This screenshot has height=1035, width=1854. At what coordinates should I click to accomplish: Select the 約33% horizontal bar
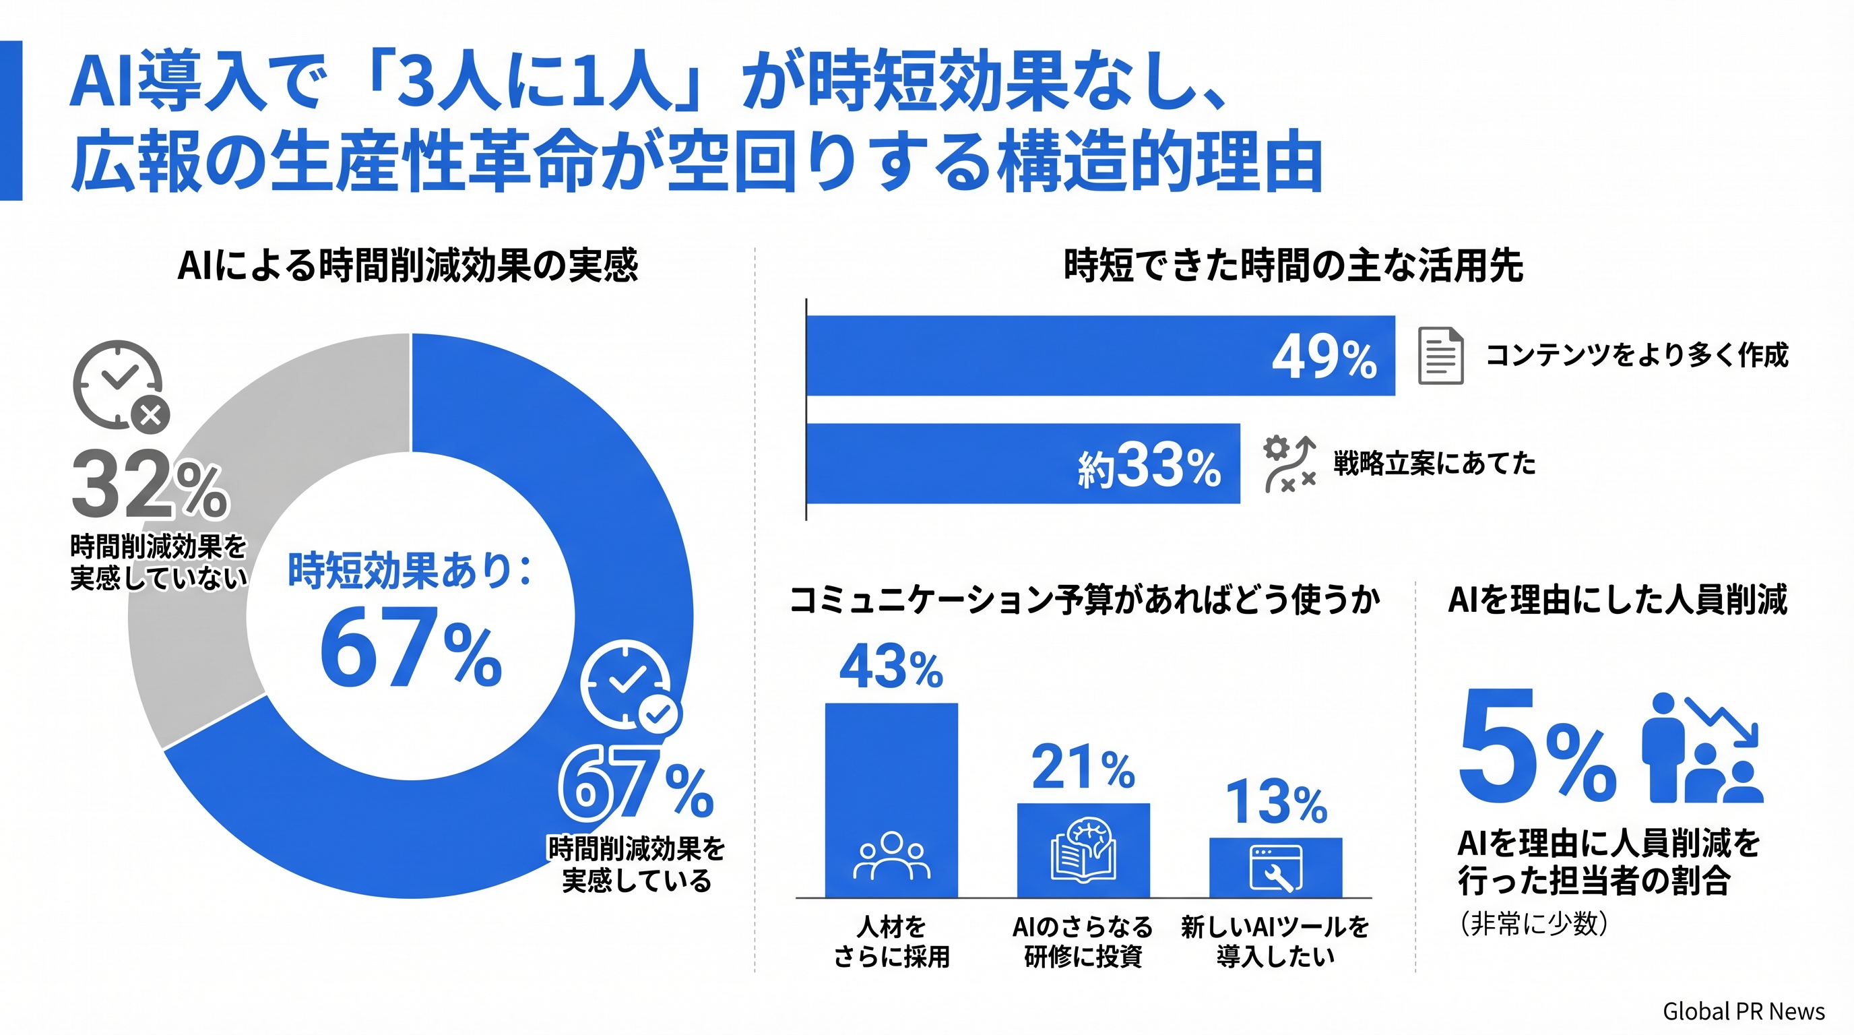click(x=1022, y=464)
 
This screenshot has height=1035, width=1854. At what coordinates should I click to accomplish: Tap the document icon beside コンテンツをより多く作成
click(x=1440, y=356)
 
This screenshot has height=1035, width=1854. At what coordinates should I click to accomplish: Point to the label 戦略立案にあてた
click(x=1434, y=464)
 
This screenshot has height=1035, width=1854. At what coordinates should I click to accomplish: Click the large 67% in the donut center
click(x=410, y=648)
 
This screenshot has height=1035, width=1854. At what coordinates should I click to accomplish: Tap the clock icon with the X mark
click(x=121, y=387)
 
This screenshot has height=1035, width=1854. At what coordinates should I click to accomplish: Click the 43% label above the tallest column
click(x=891, y=666)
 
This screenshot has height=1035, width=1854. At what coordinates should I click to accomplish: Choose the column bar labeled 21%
click(x=1083, y=849)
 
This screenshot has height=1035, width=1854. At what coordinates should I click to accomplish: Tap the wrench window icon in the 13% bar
click(x=1275, y=868)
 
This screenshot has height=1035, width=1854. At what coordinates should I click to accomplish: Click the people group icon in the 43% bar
click(x=891, y=856)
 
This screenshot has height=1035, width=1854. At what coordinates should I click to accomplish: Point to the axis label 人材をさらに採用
click(x=891, y=941)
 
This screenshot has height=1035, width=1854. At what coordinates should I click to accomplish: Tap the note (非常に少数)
click(x=1534, y=922)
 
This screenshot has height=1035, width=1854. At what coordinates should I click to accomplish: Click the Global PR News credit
click(x=1743, y=1011)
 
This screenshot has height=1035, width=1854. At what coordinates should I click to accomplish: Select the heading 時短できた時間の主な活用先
click(x=1293, y=265)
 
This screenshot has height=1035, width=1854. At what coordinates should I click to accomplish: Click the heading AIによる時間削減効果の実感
click(x=408, y=265)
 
